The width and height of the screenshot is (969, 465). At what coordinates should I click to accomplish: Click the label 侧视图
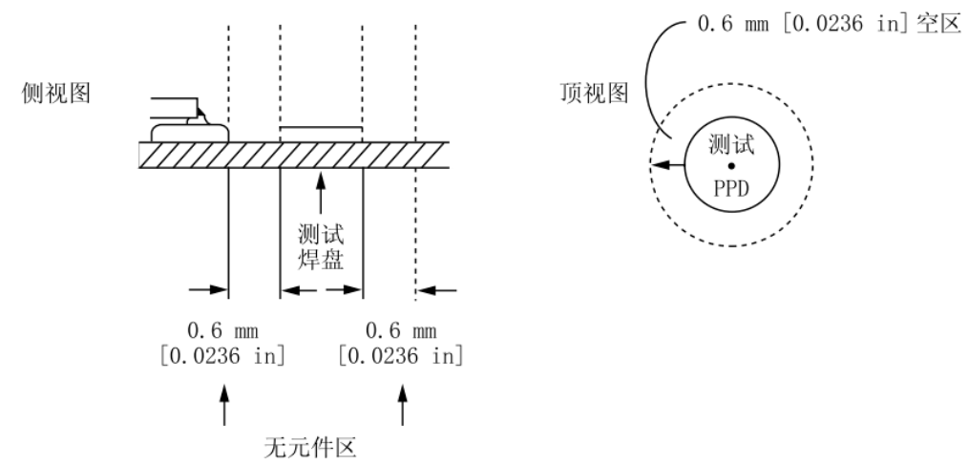tap(56, 94)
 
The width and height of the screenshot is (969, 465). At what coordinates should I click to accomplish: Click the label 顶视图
tap(595, 94)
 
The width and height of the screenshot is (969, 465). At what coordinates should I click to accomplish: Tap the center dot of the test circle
tap(731, 165)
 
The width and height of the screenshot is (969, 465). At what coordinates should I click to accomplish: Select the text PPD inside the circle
tap(731, 188)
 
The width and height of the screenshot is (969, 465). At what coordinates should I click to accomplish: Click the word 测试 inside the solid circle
tap(731, 146)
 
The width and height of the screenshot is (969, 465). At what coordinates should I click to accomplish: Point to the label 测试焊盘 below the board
tap(321, 247)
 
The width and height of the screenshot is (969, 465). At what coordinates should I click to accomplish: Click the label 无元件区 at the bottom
tap(310, 448)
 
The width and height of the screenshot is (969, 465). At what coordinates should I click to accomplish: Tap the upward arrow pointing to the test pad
tap(320, 194)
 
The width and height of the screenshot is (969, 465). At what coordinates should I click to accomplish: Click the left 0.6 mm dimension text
tap(222, 331)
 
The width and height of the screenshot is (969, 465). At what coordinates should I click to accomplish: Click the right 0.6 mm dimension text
tap(401, 331)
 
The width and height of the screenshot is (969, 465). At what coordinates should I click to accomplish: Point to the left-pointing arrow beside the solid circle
tap(668, 165)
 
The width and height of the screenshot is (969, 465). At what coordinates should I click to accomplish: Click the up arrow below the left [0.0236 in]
tap(223, 405)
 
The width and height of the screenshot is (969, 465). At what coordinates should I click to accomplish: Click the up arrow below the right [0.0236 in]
tap(402, 405)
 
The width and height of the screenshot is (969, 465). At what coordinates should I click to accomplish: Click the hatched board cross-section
tap(293, 156)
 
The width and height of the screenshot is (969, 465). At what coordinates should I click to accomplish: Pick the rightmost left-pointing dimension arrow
tap(437, 289)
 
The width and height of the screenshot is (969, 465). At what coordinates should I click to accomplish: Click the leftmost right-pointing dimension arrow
tap(208, 289)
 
